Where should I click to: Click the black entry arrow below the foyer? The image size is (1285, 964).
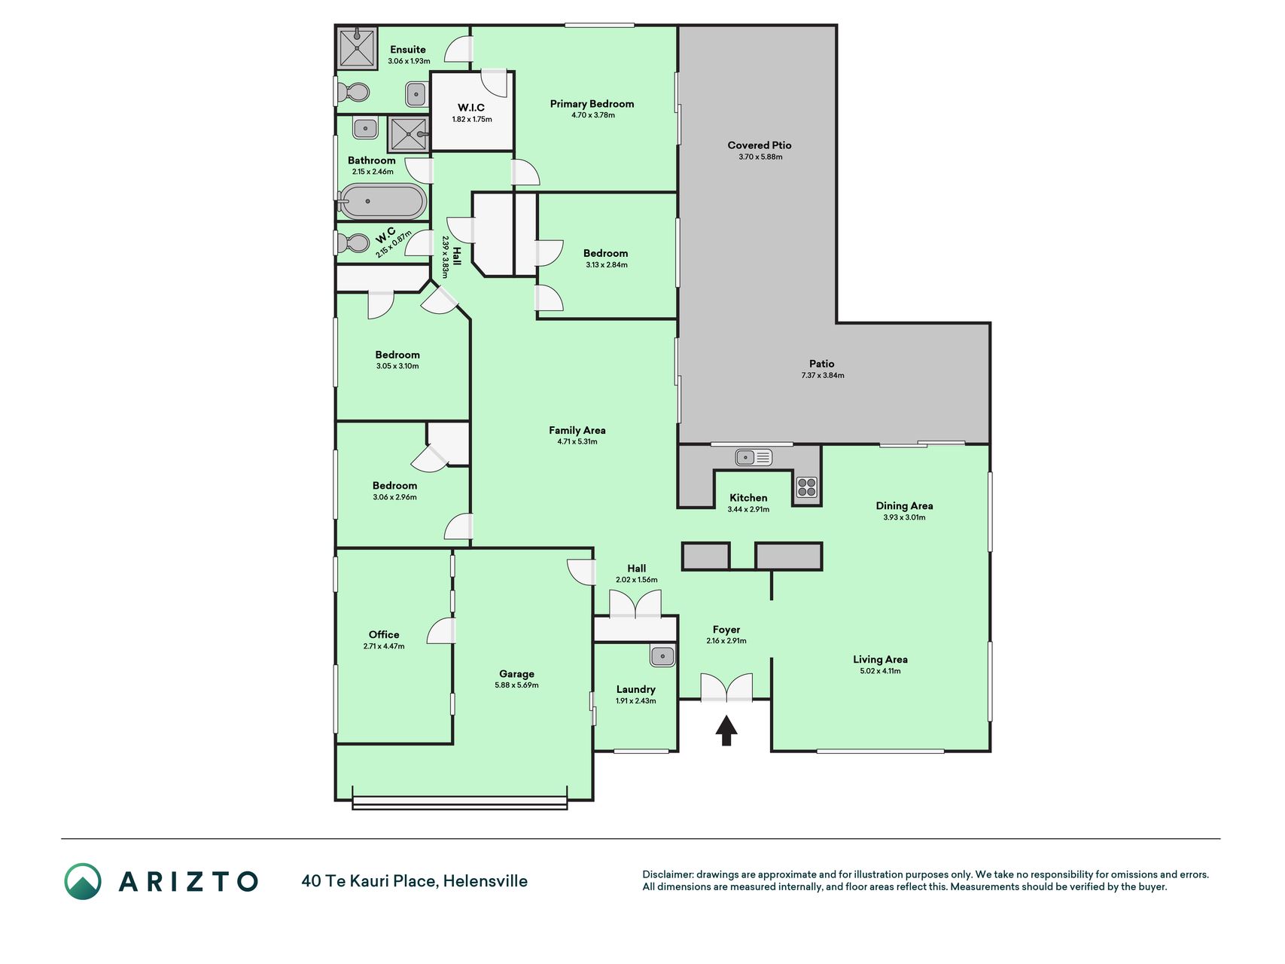pyautogui.click(x=726, y=731)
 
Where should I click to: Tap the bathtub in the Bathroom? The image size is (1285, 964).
pyautogui.click(x=382, y=202)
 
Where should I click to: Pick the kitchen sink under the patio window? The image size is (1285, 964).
pyautogui.click(x=754, y=457)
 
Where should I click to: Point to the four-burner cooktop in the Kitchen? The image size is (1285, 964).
pyautogui.click(x=806, y=487)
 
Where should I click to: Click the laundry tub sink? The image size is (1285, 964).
pyautogui.click(x=662, y=656)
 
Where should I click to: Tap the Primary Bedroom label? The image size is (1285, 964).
pyautogui.click(x=592, y=104)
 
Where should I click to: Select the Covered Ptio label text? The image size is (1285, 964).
pyautogui.click(x=760, y=145)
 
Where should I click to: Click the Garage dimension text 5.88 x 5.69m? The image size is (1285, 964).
pyautogui.click(x=516, y=685)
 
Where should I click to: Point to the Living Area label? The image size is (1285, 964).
pyautogui.click(x=880, y=659)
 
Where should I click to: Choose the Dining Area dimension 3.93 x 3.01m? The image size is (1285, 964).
pyautogui.click(x=904, y=517)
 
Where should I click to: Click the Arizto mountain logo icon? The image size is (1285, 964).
pyautogui.click(x=82, y=881)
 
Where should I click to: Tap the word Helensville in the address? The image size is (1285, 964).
pyautogui.click(x=486, y=881)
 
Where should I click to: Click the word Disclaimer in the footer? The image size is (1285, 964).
pyautogui.click(x=668, y=874)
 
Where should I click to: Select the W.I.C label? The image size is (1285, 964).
pyautogui.click(x=471, y=108)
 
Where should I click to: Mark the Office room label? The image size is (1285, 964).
pyautogui.click(x=384, y=635)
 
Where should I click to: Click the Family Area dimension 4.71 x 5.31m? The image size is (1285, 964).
pyautogui.click(x=577, y=442)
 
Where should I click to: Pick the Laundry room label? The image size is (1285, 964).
pyautogui.click(x=636, y=689)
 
